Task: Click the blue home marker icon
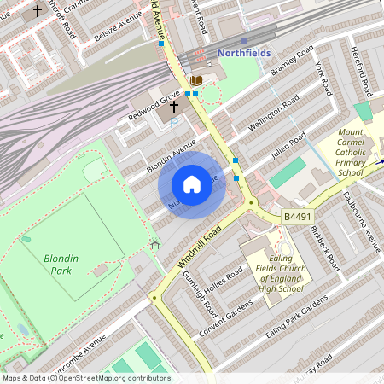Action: point(192,184)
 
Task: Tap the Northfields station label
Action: point(244,53)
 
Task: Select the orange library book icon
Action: point(196,81)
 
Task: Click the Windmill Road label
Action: point(199,248)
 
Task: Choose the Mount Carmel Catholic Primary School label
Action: point(350,153)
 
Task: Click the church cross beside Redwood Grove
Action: point(174,108)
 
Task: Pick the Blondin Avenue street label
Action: point(172,155)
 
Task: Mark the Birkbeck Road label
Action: point(324,248)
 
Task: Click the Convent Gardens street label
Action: point(225,317)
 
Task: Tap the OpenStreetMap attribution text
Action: point(86,378)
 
